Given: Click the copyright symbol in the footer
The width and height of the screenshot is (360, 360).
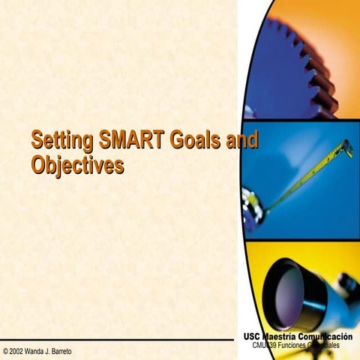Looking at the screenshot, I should (6, 352).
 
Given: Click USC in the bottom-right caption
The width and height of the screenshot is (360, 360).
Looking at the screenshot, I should (253, 337).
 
